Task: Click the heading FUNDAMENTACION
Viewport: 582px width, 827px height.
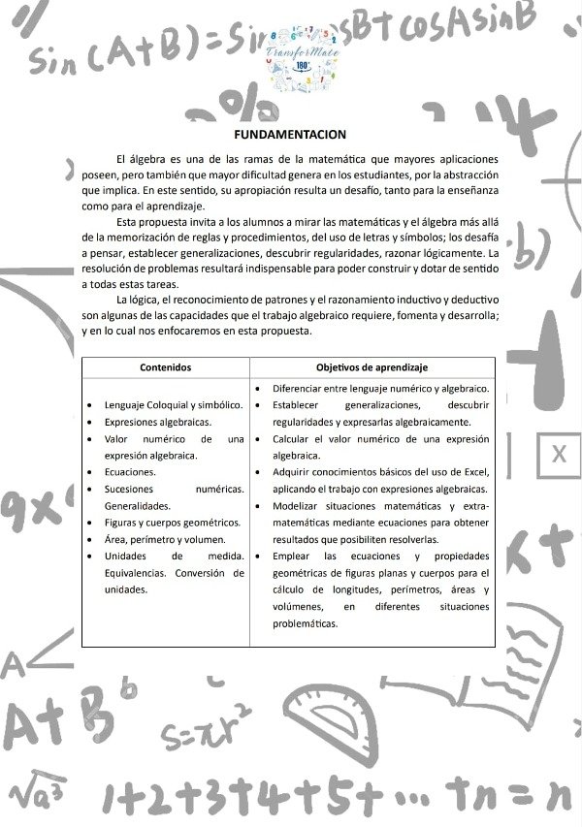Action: click(290, 134)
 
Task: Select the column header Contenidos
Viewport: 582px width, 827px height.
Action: click(165, 367)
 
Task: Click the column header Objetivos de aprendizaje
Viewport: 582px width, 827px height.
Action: click(372, 367)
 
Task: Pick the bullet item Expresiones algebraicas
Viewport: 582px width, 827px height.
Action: click(157, 423)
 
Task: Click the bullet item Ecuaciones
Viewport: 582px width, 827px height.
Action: click(129, 472)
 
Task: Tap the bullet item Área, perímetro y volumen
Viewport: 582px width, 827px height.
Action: click(165, 539)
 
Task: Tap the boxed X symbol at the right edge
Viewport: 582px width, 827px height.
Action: click(558, 454)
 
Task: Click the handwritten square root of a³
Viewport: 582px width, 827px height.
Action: click(39, 797)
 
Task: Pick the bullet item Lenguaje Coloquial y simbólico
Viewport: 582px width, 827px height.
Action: click(173, 405)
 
